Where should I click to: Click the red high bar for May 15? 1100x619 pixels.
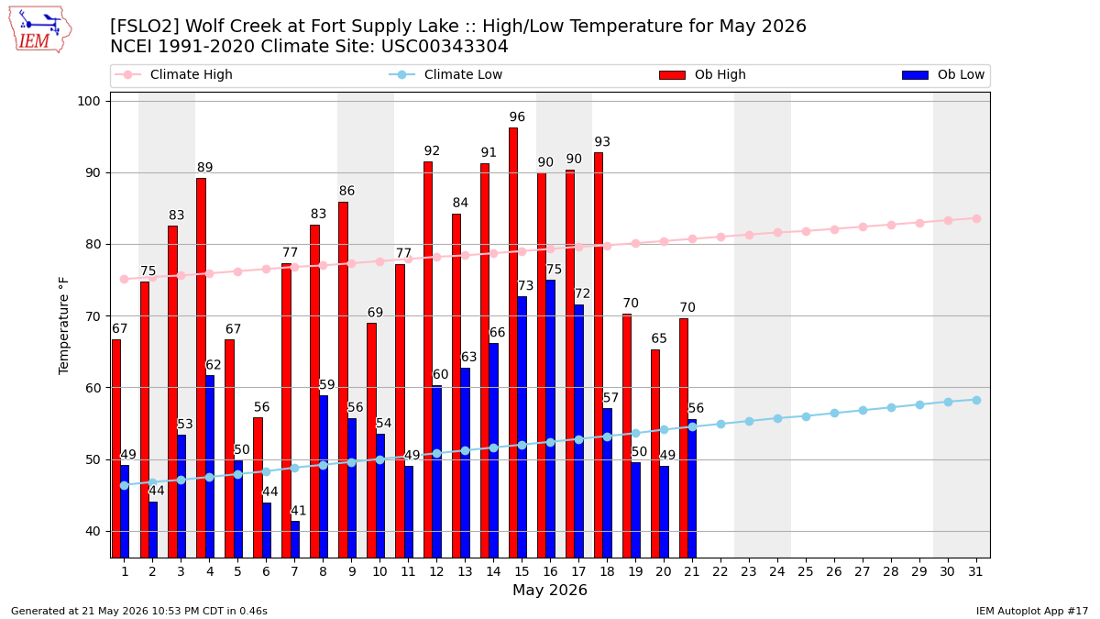click(513, 342)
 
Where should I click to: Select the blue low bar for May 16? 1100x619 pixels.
click(551, 418)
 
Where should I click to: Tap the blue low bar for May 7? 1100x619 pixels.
click(295, 539)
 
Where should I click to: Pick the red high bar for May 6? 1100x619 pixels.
click(258, 487)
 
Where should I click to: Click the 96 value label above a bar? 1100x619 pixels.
click(517, 117)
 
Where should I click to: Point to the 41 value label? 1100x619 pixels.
click(299, 511)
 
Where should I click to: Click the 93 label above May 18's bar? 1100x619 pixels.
click(602, 142)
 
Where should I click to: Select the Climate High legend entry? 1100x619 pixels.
click(173, 74)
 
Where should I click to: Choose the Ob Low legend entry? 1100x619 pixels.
click(943, 74)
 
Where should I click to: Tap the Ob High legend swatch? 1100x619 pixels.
click(672, 75)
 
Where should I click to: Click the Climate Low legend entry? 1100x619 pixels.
click(445, 74)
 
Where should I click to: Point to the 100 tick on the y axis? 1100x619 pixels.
click(89, 101)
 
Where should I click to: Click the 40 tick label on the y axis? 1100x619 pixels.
click(93, 532)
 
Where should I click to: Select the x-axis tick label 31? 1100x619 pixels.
click(975, 572)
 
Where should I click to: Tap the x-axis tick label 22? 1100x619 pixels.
click(720, 572)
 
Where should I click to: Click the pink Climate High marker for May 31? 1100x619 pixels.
click(976, 218)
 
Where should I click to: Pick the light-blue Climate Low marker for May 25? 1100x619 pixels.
click(806, 416)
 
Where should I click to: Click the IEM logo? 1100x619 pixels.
click(40, 30)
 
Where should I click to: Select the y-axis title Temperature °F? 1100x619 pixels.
click(64, 326)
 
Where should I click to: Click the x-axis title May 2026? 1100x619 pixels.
click(550, 590)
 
